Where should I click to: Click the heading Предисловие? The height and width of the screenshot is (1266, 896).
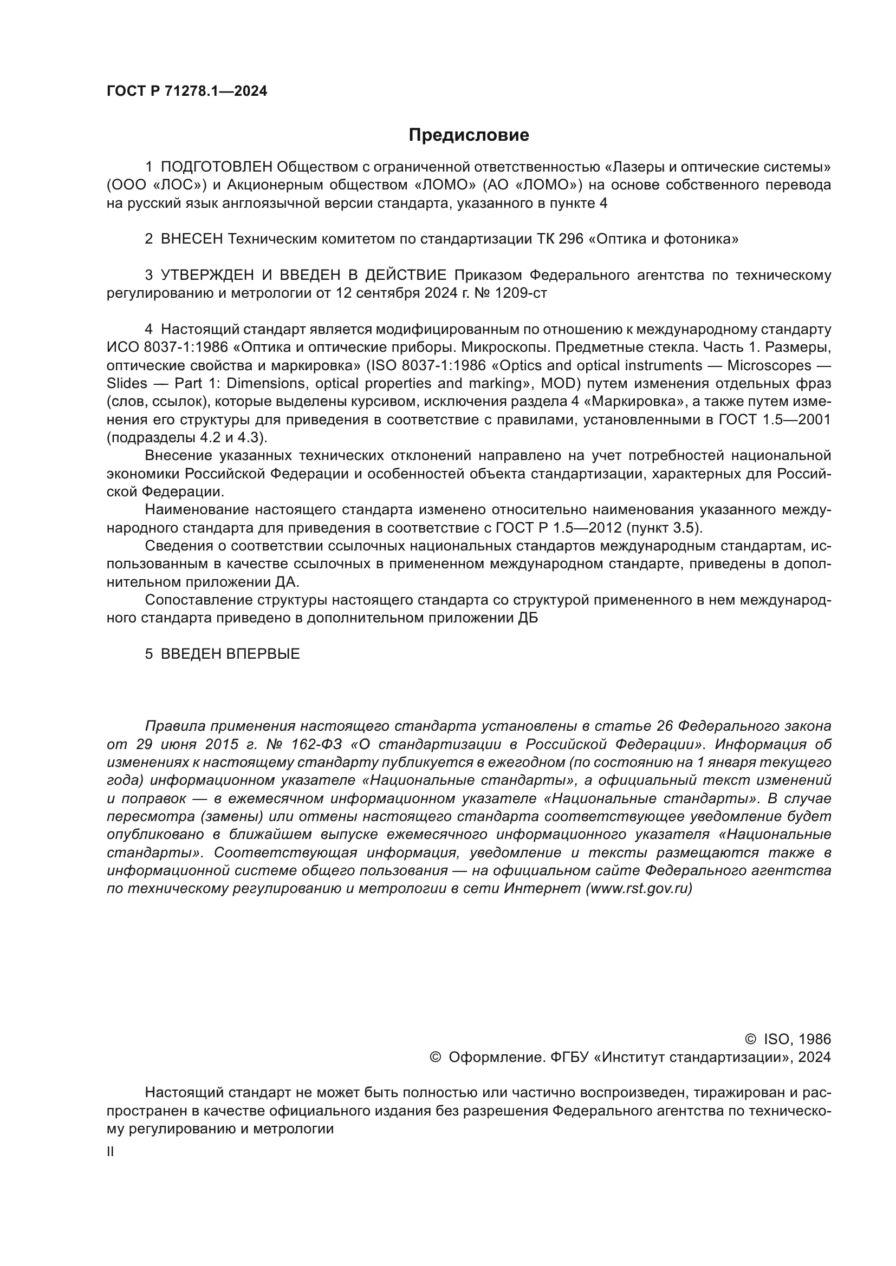(x=469, y=135)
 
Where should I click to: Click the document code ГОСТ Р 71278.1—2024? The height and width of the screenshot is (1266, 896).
(x=186, y=91)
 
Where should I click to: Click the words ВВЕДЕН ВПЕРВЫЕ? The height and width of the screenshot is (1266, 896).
(x=230, y=654)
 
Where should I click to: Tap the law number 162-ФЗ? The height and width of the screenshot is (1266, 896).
(x=316, y=744)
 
